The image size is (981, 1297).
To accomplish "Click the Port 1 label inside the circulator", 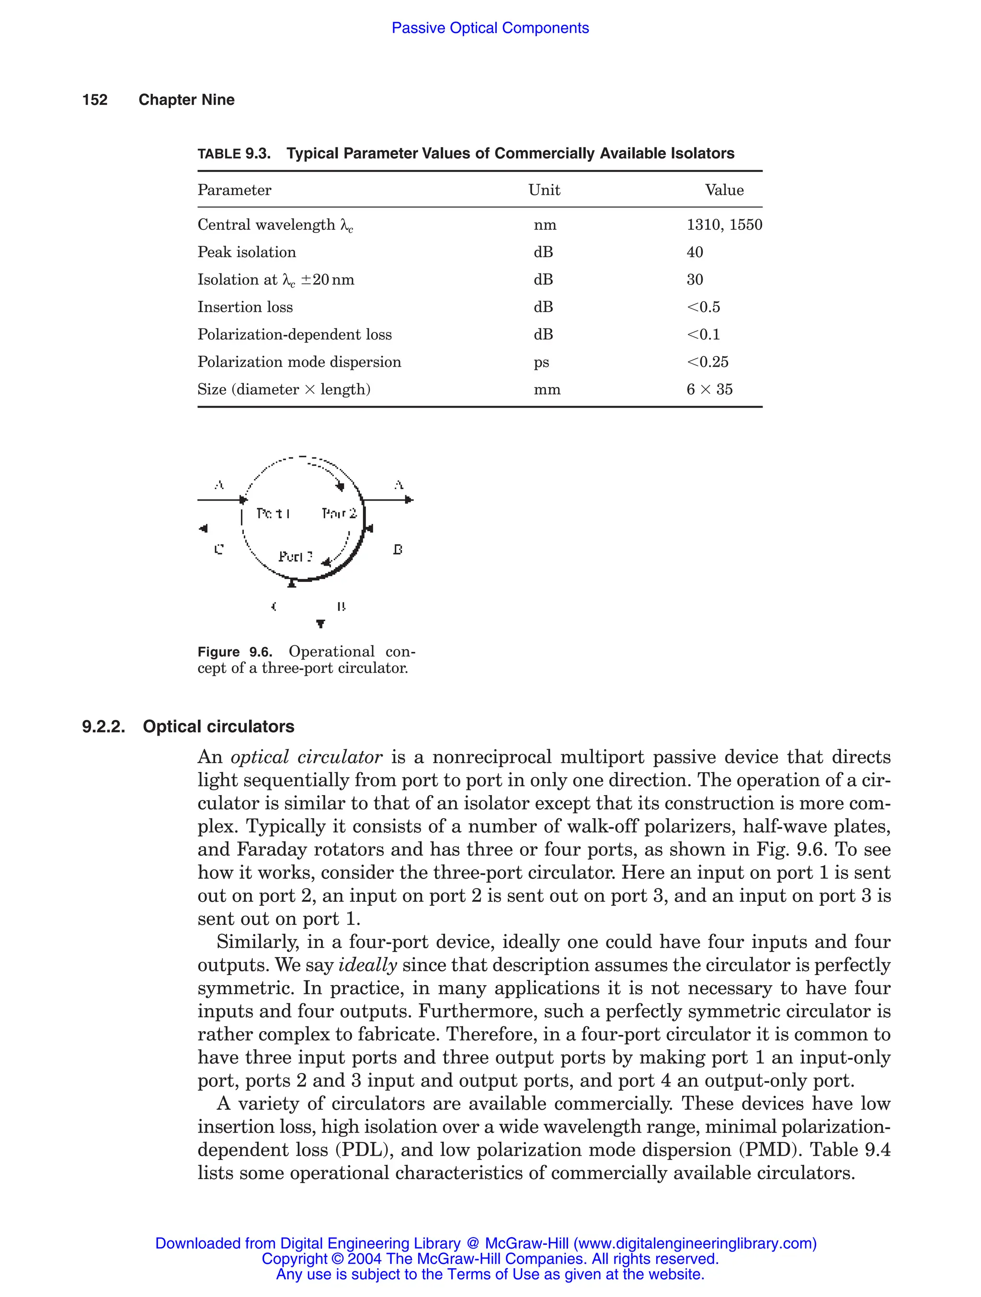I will point(273,513).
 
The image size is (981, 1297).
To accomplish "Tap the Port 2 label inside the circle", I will point(339,513).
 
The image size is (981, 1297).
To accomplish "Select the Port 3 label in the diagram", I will point(296,557).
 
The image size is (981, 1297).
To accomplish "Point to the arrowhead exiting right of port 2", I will point(409,500).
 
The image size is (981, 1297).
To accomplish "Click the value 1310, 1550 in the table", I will point(724,225).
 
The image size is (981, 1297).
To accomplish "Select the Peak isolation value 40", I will point(695,252).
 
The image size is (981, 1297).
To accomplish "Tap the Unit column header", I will point(544,190).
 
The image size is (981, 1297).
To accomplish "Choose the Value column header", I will point(724,190).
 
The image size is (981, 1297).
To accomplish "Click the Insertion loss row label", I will point(245,307).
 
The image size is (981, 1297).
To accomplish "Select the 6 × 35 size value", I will point(709,389).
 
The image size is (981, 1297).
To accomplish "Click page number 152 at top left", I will point(95,100).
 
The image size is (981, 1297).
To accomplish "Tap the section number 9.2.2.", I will point(104,727).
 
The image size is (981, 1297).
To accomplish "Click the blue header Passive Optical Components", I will point(490,28).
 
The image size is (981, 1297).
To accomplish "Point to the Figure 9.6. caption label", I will point(235,652).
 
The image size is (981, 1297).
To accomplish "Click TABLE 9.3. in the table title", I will point(234,154).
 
